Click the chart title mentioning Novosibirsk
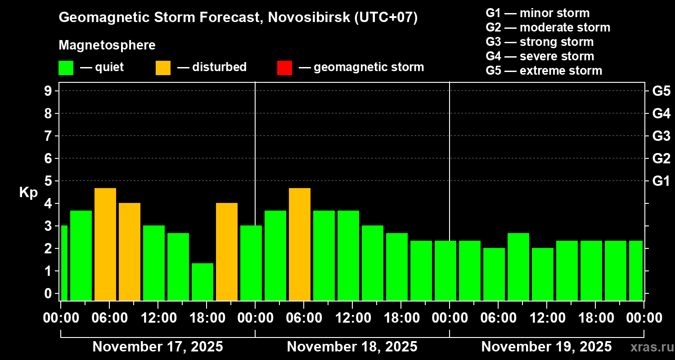click(x=238, y=18)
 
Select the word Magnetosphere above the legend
click(x=107, y=45)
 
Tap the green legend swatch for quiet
click(x=66, y=67)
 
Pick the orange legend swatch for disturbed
click(x=163, y=67)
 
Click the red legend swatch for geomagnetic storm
click(x=284, y=67)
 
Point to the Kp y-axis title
click(x=28, y=193)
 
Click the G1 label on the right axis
click(x=661, y=181)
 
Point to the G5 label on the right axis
click(x=661, y=91)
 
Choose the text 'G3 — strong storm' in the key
click(x=540, y=42)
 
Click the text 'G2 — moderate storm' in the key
click(x=548, y=27)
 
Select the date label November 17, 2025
click(x=157, y=347)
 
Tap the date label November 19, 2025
click(x=546, y=347)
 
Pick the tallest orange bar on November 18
click(x=300, y=244)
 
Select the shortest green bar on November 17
click(x=202, y=282)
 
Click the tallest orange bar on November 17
click(x=105, y=244)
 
